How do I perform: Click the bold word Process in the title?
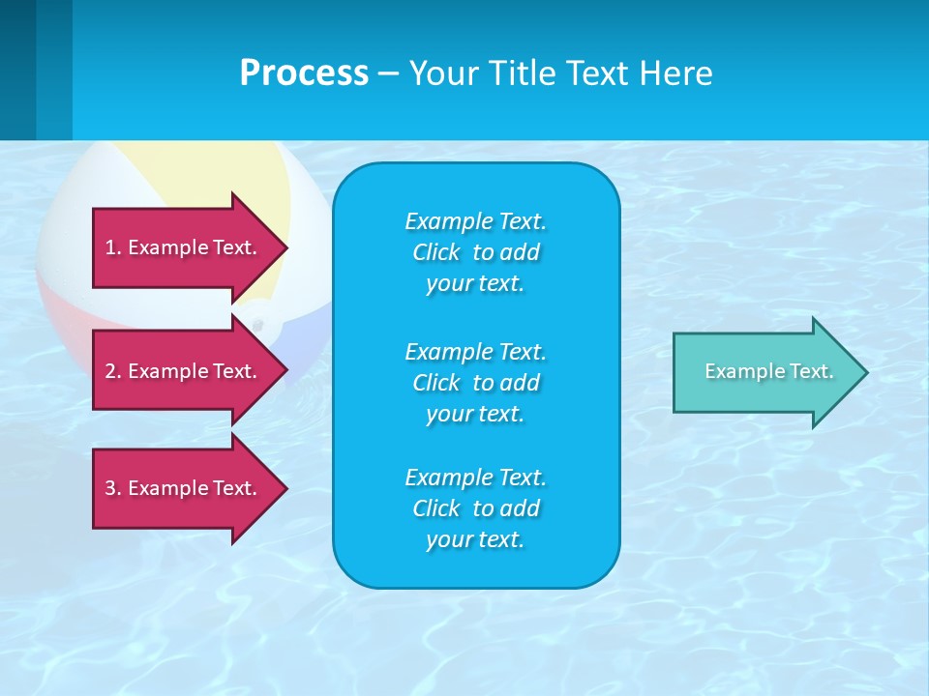(x=304, y=72)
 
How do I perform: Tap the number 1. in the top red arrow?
(x=113, y=247)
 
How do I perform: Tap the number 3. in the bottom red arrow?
(x=113, y=488)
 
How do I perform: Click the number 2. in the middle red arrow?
(x=113, y=371)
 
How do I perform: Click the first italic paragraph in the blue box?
(x=475, y=252)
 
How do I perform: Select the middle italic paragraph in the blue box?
(x=475, y=382)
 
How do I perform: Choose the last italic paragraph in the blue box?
(x=475, y=508)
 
